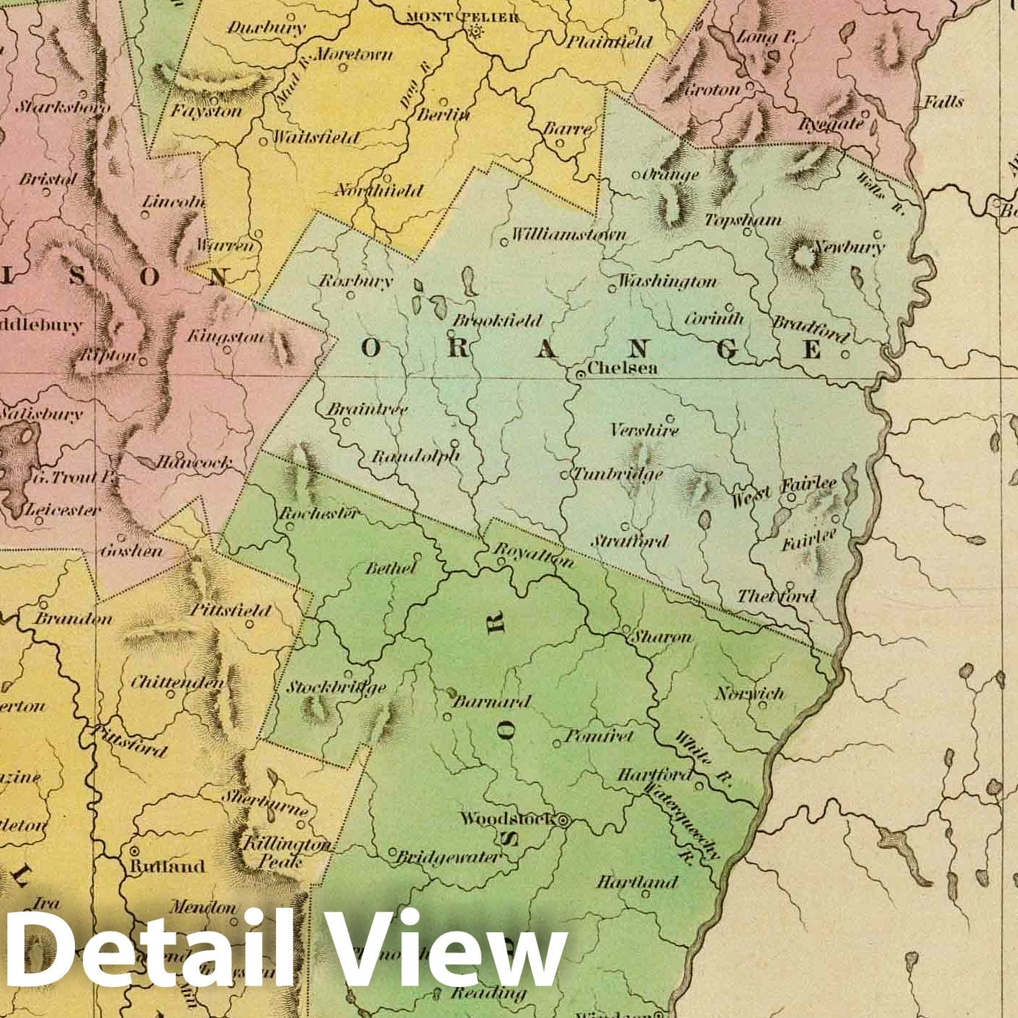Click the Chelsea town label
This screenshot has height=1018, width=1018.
pyautogui.click(x=622, y=367)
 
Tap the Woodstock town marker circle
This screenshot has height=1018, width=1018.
pyautogui.click(x=564, y=820)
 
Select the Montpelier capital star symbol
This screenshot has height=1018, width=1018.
pyautogui.click(x=475, y=31)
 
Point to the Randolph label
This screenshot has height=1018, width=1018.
pyautogui.click(x=415, y=456)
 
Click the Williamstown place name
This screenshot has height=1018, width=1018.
pyautogui.click(x=568, y=234)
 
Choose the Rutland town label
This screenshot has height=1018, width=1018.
pyautogui.click(x=166, y=866)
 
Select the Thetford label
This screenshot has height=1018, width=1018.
pyautogui.click(x=776, y=596)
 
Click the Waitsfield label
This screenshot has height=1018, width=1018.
pyautogui.click(x=315, y=137)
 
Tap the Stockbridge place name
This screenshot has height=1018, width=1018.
pyautogui.click(x=336, y=687)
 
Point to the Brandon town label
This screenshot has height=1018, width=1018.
pyautogui.click(x=73, y=618)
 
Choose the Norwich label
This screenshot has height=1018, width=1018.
pyautogui.click(x=749, y=693)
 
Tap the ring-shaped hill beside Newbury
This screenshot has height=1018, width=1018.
pyautogui.click(x=800, y=256)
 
